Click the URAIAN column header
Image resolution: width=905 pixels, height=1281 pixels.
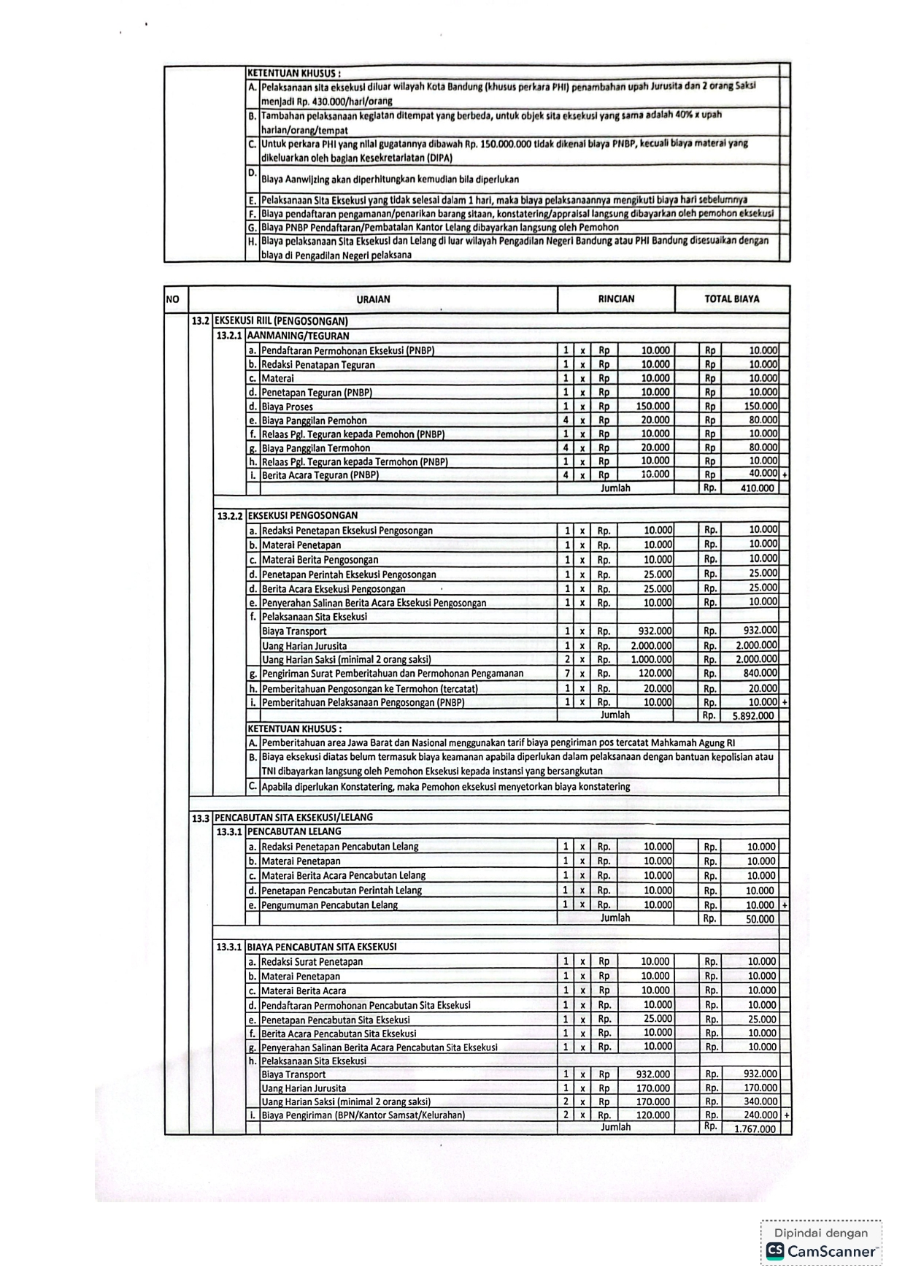pos(373,299)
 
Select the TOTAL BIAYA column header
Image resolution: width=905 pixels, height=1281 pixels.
pos(731,299)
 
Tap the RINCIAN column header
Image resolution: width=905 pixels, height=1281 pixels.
pos(616,299)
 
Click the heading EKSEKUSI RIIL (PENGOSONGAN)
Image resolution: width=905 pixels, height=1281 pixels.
pos(281,320)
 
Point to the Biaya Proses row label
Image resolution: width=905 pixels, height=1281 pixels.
pos(287,407)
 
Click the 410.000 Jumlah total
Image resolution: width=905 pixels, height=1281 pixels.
pos(757,488)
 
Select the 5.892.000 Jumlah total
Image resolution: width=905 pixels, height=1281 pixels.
pos(753,716)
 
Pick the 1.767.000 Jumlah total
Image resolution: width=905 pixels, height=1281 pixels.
pos(755,1128)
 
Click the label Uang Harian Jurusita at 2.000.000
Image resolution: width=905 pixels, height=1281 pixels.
pos(304,646)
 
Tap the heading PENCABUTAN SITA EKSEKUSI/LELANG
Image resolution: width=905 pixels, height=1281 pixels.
pos(293,818)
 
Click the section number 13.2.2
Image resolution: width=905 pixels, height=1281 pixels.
pos(229,516)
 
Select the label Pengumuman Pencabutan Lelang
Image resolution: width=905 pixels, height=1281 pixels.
pos(329,905)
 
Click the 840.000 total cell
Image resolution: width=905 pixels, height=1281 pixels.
pos(760,674)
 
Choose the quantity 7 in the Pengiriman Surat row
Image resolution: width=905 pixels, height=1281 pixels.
pos(566,674)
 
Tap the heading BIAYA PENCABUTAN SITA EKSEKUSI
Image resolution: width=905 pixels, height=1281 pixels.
pos(322,947)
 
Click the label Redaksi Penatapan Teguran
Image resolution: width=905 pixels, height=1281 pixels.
pos(318,365)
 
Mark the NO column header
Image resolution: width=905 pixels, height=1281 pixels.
pos(172,299)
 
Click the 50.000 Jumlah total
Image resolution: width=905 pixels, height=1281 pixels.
pos(760,919)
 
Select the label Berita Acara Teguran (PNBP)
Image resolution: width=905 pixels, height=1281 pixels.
pos(320,475)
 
